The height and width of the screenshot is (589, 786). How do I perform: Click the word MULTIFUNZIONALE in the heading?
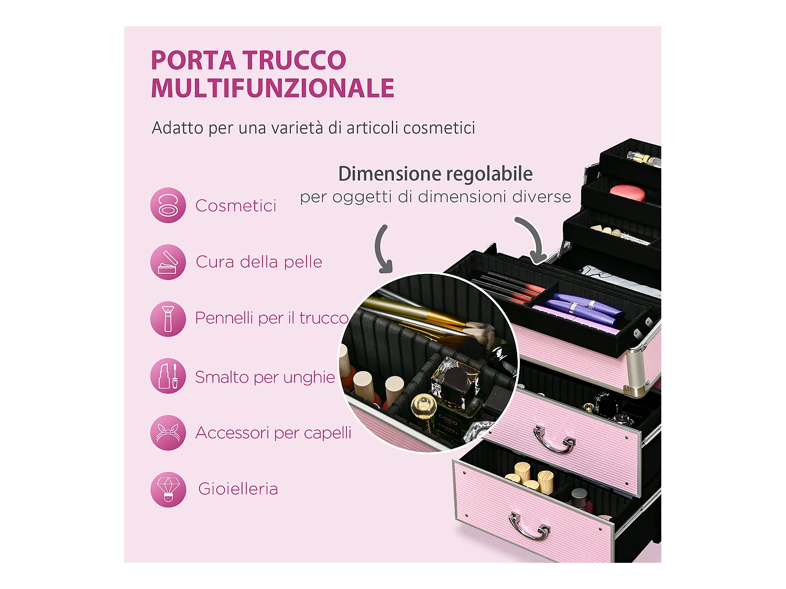pos(272,88)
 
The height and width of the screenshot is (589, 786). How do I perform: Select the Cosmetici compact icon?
pos(168,205)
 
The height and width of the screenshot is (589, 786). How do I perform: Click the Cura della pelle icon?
pos(168,262)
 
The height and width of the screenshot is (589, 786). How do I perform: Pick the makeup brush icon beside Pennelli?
pos(168,318)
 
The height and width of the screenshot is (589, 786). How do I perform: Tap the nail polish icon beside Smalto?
pos(168,376)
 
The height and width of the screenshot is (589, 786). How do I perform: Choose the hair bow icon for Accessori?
pos(168,432)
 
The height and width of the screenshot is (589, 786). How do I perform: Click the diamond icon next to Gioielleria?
pos(168,489)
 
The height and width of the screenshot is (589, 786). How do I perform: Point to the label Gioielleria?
pos(238,489)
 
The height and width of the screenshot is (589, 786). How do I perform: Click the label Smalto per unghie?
pos(265,377)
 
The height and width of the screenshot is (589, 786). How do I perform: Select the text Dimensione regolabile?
pos(435,174)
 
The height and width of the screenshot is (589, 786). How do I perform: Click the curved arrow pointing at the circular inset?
pos(383,249)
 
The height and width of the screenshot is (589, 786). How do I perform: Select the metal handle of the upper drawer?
pos(554,440)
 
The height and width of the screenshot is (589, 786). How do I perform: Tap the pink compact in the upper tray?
pos(627,192)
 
